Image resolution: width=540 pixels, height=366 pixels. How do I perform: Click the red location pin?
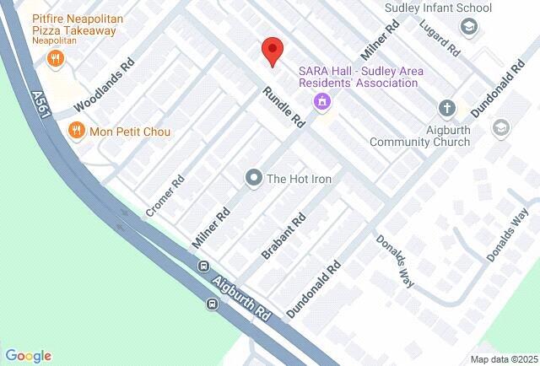click(271, 50)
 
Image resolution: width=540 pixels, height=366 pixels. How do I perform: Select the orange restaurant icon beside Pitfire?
click(56, 58)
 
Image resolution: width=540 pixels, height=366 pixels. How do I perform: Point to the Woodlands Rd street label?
click(104, 86)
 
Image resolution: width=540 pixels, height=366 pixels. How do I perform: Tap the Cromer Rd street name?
click(165, 196)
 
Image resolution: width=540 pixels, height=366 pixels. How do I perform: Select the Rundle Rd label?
click(283, 108)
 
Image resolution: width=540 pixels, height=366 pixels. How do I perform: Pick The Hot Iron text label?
click(299, 179)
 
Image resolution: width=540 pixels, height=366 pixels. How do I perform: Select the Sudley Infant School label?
click(438, 8)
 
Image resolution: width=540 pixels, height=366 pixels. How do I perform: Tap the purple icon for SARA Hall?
click(321, 103)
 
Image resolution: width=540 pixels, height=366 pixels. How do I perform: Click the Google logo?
click(28, 356)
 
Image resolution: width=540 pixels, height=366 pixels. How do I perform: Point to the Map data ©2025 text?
click(503, 358)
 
